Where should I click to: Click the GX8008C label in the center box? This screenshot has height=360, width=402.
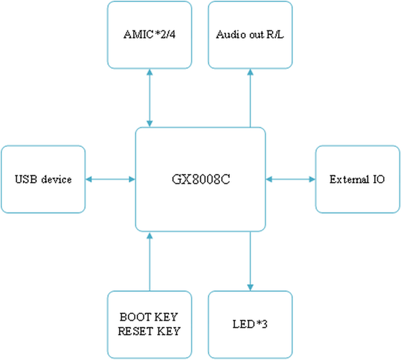(x=201, y=179)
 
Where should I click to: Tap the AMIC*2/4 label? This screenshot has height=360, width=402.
(x=150, y=35)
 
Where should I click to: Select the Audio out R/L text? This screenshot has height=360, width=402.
(x=250, y=35)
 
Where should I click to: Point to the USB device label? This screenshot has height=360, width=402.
(x=43, y=179)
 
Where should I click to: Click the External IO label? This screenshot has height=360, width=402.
(x=357, y=179)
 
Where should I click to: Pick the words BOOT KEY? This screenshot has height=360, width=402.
(x=149, y=317)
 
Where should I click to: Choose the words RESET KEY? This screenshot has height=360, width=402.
(x=149, y=331)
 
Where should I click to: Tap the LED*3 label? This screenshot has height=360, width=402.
(x=250, y=324)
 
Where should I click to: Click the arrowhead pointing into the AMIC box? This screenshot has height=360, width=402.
(x=150, y=72)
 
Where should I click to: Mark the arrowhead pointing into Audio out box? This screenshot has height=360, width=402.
(x=250, y=72)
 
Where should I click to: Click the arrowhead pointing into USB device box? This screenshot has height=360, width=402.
(x=89, y=179)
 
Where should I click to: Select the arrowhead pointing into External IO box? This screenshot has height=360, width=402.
(x=312, y=179)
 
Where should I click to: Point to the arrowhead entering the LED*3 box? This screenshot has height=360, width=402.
(x=250, y=288)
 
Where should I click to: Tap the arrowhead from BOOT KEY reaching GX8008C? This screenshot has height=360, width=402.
(x=150, y=235)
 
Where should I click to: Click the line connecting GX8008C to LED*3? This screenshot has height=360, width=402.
(x=250, y=261)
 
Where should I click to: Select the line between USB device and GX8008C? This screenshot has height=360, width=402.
(x=110, y=179)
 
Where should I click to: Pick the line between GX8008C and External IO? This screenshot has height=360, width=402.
(x=290, y=179)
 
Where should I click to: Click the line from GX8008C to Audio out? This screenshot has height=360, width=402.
(x=250, y=98)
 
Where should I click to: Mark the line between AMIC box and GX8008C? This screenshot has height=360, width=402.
(x=150, y=98)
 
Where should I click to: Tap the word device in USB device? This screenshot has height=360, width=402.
(x=56, y=179)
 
